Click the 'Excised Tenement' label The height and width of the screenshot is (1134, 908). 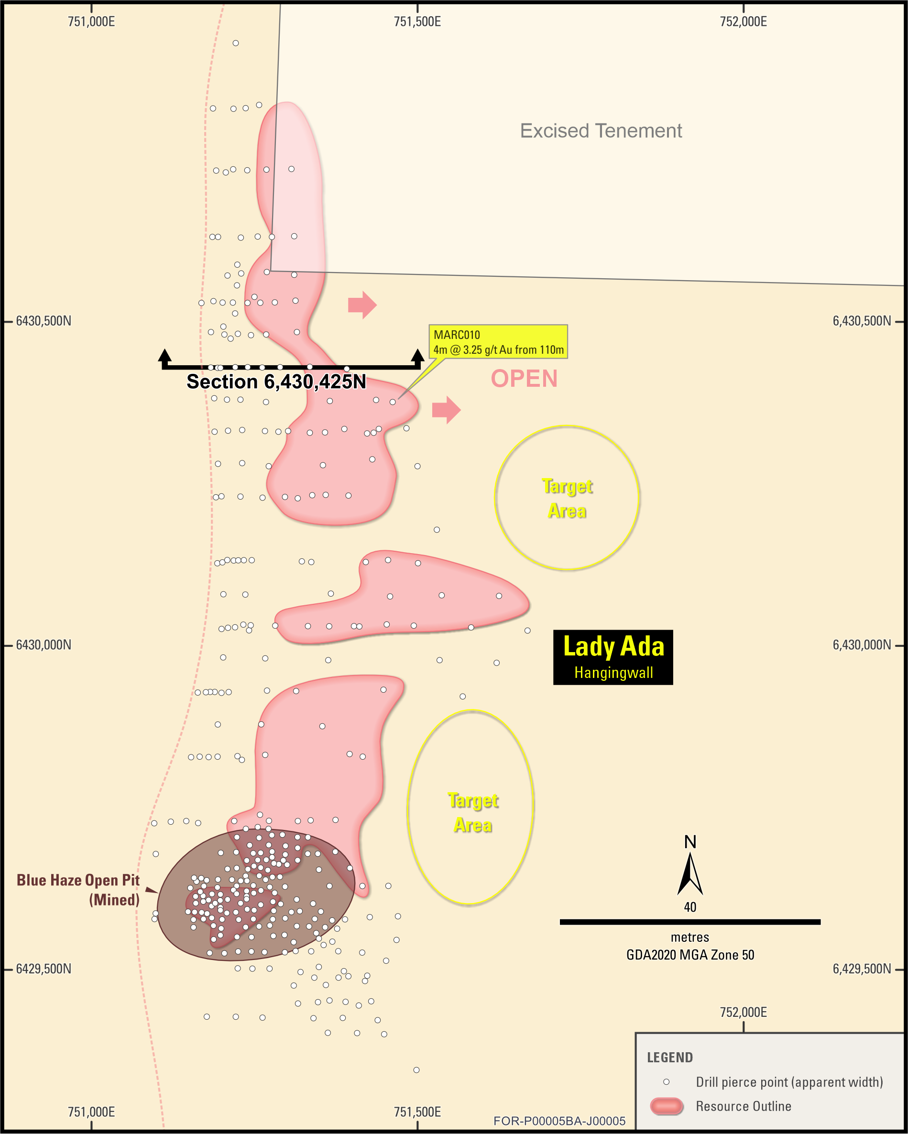[x=601, y=131]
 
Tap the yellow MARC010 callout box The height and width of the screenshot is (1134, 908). [x=498, y=342]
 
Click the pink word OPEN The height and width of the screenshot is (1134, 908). [x=524, y=379]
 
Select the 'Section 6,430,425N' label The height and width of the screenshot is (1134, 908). [x=276, y=382]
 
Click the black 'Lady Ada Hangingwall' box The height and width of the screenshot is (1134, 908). [x=613, y=657]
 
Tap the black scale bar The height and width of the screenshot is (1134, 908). [x=689, y=922]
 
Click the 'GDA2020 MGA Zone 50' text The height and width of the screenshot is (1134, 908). [x=689, y=955]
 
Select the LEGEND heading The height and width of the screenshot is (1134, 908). [x=670, y=1057]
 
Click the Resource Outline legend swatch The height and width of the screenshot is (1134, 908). [x=667, y=1107]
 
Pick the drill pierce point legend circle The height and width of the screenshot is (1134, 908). [x=666, y=1082]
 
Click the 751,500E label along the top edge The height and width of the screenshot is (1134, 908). [x=417, y=22]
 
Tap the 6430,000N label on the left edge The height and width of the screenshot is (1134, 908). [x=44, y=645]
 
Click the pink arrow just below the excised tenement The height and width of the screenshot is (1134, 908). [x=362, y=305]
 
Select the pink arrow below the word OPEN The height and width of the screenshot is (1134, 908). [x=446, y=410]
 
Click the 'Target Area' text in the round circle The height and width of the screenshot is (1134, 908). [x=567, y=498]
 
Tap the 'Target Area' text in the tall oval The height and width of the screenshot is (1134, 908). [x=473, y=813]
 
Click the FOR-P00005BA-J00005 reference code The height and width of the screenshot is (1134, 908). [x=559, y=1121]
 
